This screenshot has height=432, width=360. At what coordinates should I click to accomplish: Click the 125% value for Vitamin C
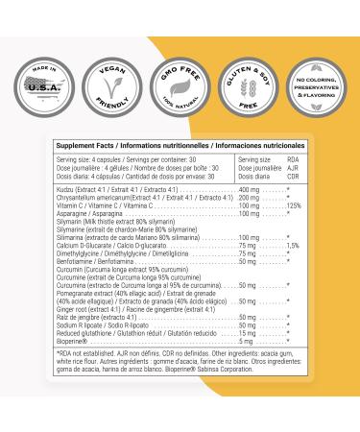coord(296,206)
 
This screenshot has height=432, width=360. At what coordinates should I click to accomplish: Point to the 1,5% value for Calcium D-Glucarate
coord(294,246)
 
